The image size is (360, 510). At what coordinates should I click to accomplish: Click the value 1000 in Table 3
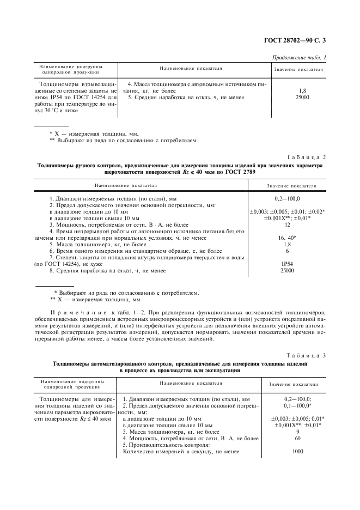pos(298,451)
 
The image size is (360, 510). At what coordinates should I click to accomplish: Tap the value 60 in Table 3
pos(298,438)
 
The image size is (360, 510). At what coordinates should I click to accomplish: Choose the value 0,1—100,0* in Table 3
pos(298,406)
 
